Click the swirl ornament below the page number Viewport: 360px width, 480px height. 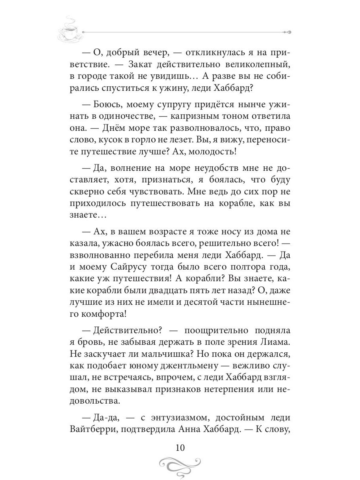click(x=180, y=465)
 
